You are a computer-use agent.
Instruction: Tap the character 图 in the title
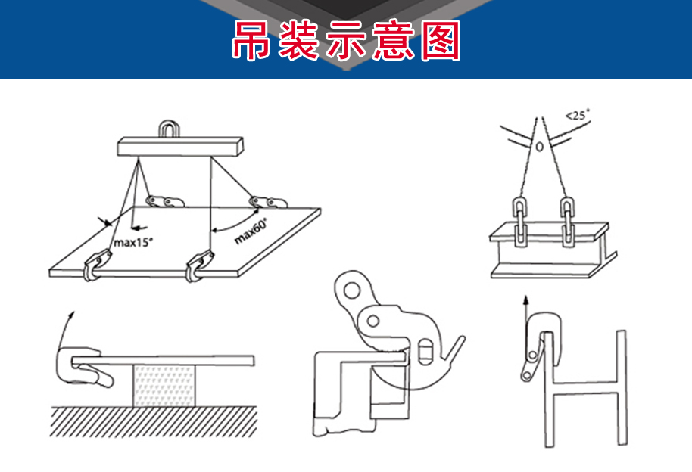click(441, 40)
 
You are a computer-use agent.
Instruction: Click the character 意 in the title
click(393, 40)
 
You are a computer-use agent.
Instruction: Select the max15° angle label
click(133, 242)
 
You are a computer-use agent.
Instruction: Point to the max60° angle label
click(251, 231)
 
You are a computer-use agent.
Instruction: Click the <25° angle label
click(577, 115)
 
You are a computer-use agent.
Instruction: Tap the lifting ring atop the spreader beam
click(169, 129)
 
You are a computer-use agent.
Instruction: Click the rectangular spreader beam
click(180, 146)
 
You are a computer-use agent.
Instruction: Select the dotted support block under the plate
click(164, 386)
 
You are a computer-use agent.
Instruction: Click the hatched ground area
click(153, 422)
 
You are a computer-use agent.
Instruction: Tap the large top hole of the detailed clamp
click(352, 290)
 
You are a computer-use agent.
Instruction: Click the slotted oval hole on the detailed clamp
click(424, 351)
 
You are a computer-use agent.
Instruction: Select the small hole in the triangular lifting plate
click(539, 147)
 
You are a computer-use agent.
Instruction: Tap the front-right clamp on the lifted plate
click(199, 265)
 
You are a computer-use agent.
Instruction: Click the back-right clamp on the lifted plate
click(268, 202)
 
